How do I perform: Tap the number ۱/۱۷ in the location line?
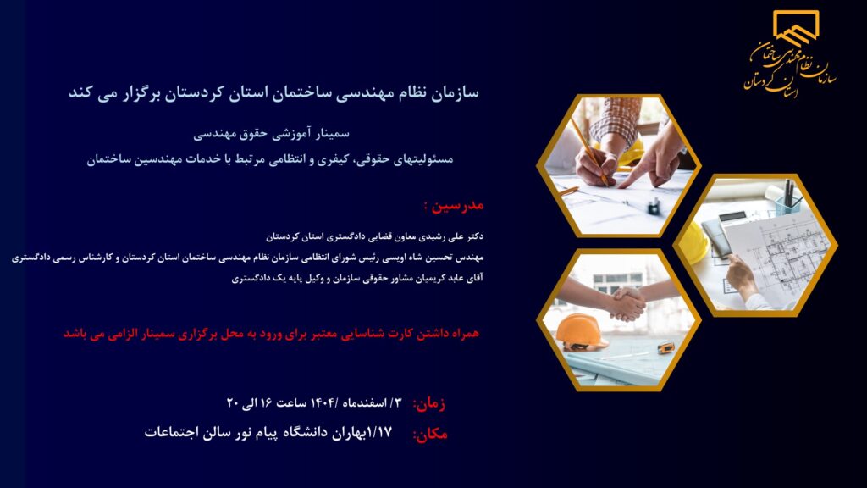coord(379,431)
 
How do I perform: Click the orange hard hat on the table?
coord(581,331)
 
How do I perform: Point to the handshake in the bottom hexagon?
coord(627,304)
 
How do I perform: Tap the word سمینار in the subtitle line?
coord(331,133)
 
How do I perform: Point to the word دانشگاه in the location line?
coord(311,432)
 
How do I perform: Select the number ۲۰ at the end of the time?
coord(233,402)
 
